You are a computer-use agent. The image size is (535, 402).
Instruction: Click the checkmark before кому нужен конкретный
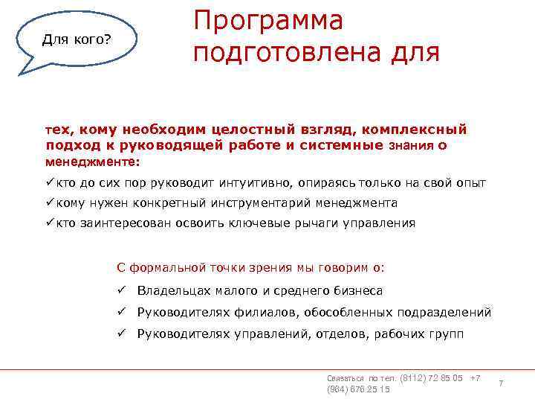50,202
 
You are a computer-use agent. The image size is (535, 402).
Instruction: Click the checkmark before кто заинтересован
50,223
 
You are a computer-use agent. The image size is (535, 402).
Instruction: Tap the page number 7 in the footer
501,383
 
